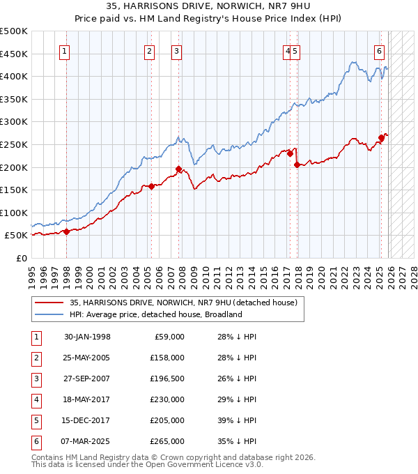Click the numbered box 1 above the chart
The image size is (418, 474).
tap(64, 50)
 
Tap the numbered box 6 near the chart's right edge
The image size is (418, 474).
tap(379, 50)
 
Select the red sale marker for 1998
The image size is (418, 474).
tap(67, 231)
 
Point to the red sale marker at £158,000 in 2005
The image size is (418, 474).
tap(151, 186)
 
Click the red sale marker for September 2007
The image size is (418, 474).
tap(178, 169)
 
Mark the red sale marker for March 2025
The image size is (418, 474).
tap(381, 138)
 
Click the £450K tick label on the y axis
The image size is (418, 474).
tap(15, 54)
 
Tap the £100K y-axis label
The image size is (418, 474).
tap(15, 213)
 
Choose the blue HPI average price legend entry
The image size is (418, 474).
tap(155, 314)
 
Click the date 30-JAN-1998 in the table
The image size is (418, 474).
tap(87, 337)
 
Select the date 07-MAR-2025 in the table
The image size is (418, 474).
tap(87, 441)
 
